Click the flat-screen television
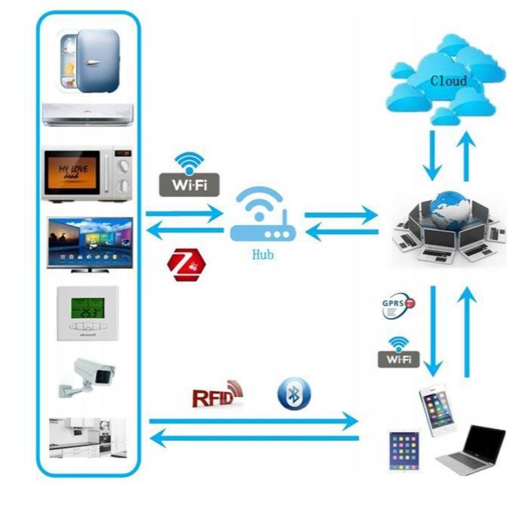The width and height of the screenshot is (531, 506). click(89, 243)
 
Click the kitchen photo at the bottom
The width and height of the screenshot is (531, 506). click(89, 438)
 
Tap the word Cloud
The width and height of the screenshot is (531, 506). click(448, 80)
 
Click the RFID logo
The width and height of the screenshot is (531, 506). click(218, 393)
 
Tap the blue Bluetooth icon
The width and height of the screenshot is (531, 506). click(294, 394)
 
